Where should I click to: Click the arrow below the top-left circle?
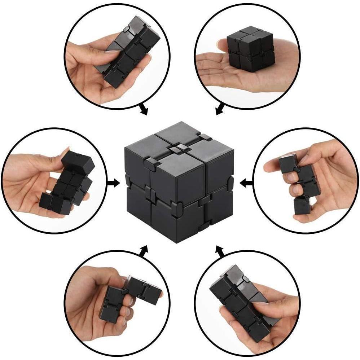click(143, 110)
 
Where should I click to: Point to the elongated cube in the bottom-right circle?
click(238, 299)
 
